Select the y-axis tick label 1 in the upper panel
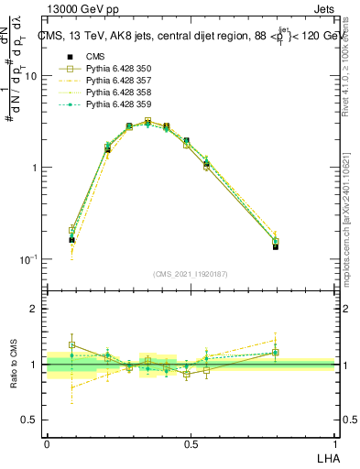[x=34, y=168]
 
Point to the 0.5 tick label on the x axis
[x=191, y=444]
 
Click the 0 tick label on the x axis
[x=47, y=444]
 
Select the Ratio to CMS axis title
[x=14, y=365]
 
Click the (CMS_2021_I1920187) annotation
[x=191, y=274]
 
